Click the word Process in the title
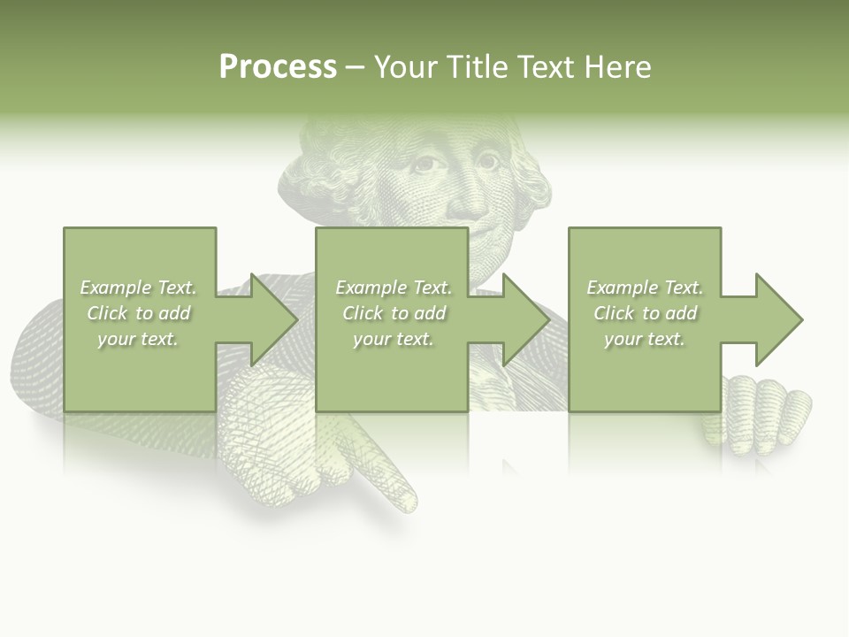(278, 67)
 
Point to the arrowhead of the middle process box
(524, 319)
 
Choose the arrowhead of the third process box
(777, 319)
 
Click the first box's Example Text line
(139, 288)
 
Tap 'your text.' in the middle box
(393, 339)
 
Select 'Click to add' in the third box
(646, 313)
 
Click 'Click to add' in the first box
(139, 313)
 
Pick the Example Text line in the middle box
(393, 288)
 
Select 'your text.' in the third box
(646, 339)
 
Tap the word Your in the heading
(406, 67)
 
